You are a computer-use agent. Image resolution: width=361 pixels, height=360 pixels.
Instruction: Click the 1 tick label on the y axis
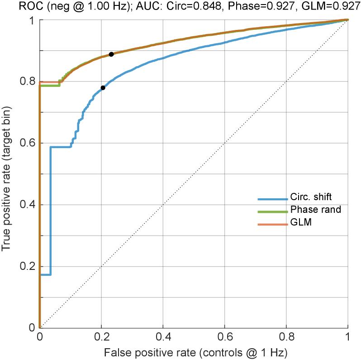(x=32, y=21)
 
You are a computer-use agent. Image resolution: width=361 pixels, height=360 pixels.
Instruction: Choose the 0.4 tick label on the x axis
(x=163, y=337)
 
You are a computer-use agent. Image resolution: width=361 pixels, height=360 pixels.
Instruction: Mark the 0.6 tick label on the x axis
(x=224, y=337)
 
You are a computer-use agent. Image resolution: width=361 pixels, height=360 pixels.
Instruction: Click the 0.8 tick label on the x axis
(x=286, y=337)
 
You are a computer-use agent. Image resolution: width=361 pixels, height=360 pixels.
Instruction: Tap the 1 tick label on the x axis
(x=347, y=337)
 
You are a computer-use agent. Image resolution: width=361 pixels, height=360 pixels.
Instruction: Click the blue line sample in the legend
(x=272, y=199)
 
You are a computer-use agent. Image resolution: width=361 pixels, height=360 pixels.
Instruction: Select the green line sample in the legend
(x=272, y=212)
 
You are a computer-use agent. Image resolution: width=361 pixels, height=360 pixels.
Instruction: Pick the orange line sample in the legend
(x=272, y=225)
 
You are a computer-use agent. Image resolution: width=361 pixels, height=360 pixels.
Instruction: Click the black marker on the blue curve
(x=103, y=87)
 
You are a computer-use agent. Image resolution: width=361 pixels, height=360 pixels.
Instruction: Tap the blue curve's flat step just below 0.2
(x=45, y=274)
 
